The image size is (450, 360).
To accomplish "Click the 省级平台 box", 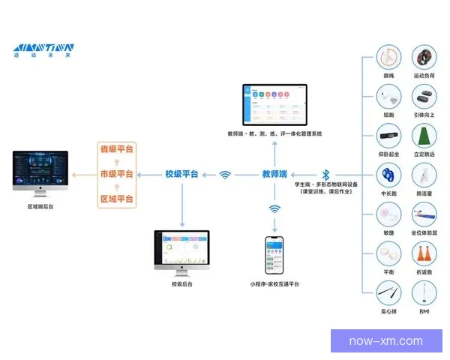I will tap(117, 149).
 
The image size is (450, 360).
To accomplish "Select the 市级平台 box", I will tap(117, 174).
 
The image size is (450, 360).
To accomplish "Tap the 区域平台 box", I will tap(117, 199).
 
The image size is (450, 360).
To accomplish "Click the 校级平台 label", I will tap(182, 174).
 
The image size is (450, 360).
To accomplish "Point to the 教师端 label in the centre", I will tap(275, 174).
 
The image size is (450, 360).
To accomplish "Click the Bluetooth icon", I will tap(325, 174).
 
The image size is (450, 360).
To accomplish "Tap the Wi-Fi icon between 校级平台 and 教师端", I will tap(225, 175).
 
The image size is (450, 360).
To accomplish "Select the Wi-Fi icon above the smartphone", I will tap(275, 209).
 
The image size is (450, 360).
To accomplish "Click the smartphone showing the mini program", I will tap(275, 256).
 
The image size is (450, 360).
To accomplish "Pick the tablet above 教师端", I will tap(274, 106).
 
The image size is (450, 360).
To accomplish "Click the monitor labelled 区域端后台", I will tap(40, 172).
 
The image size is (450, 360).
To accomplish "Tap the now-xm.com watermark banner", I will tap(386, 341).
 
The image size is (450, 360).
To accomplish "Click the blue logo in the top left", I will tap(43, 49).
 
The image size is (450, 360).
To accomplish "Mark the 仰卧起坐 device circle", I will tap(388, 137).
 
